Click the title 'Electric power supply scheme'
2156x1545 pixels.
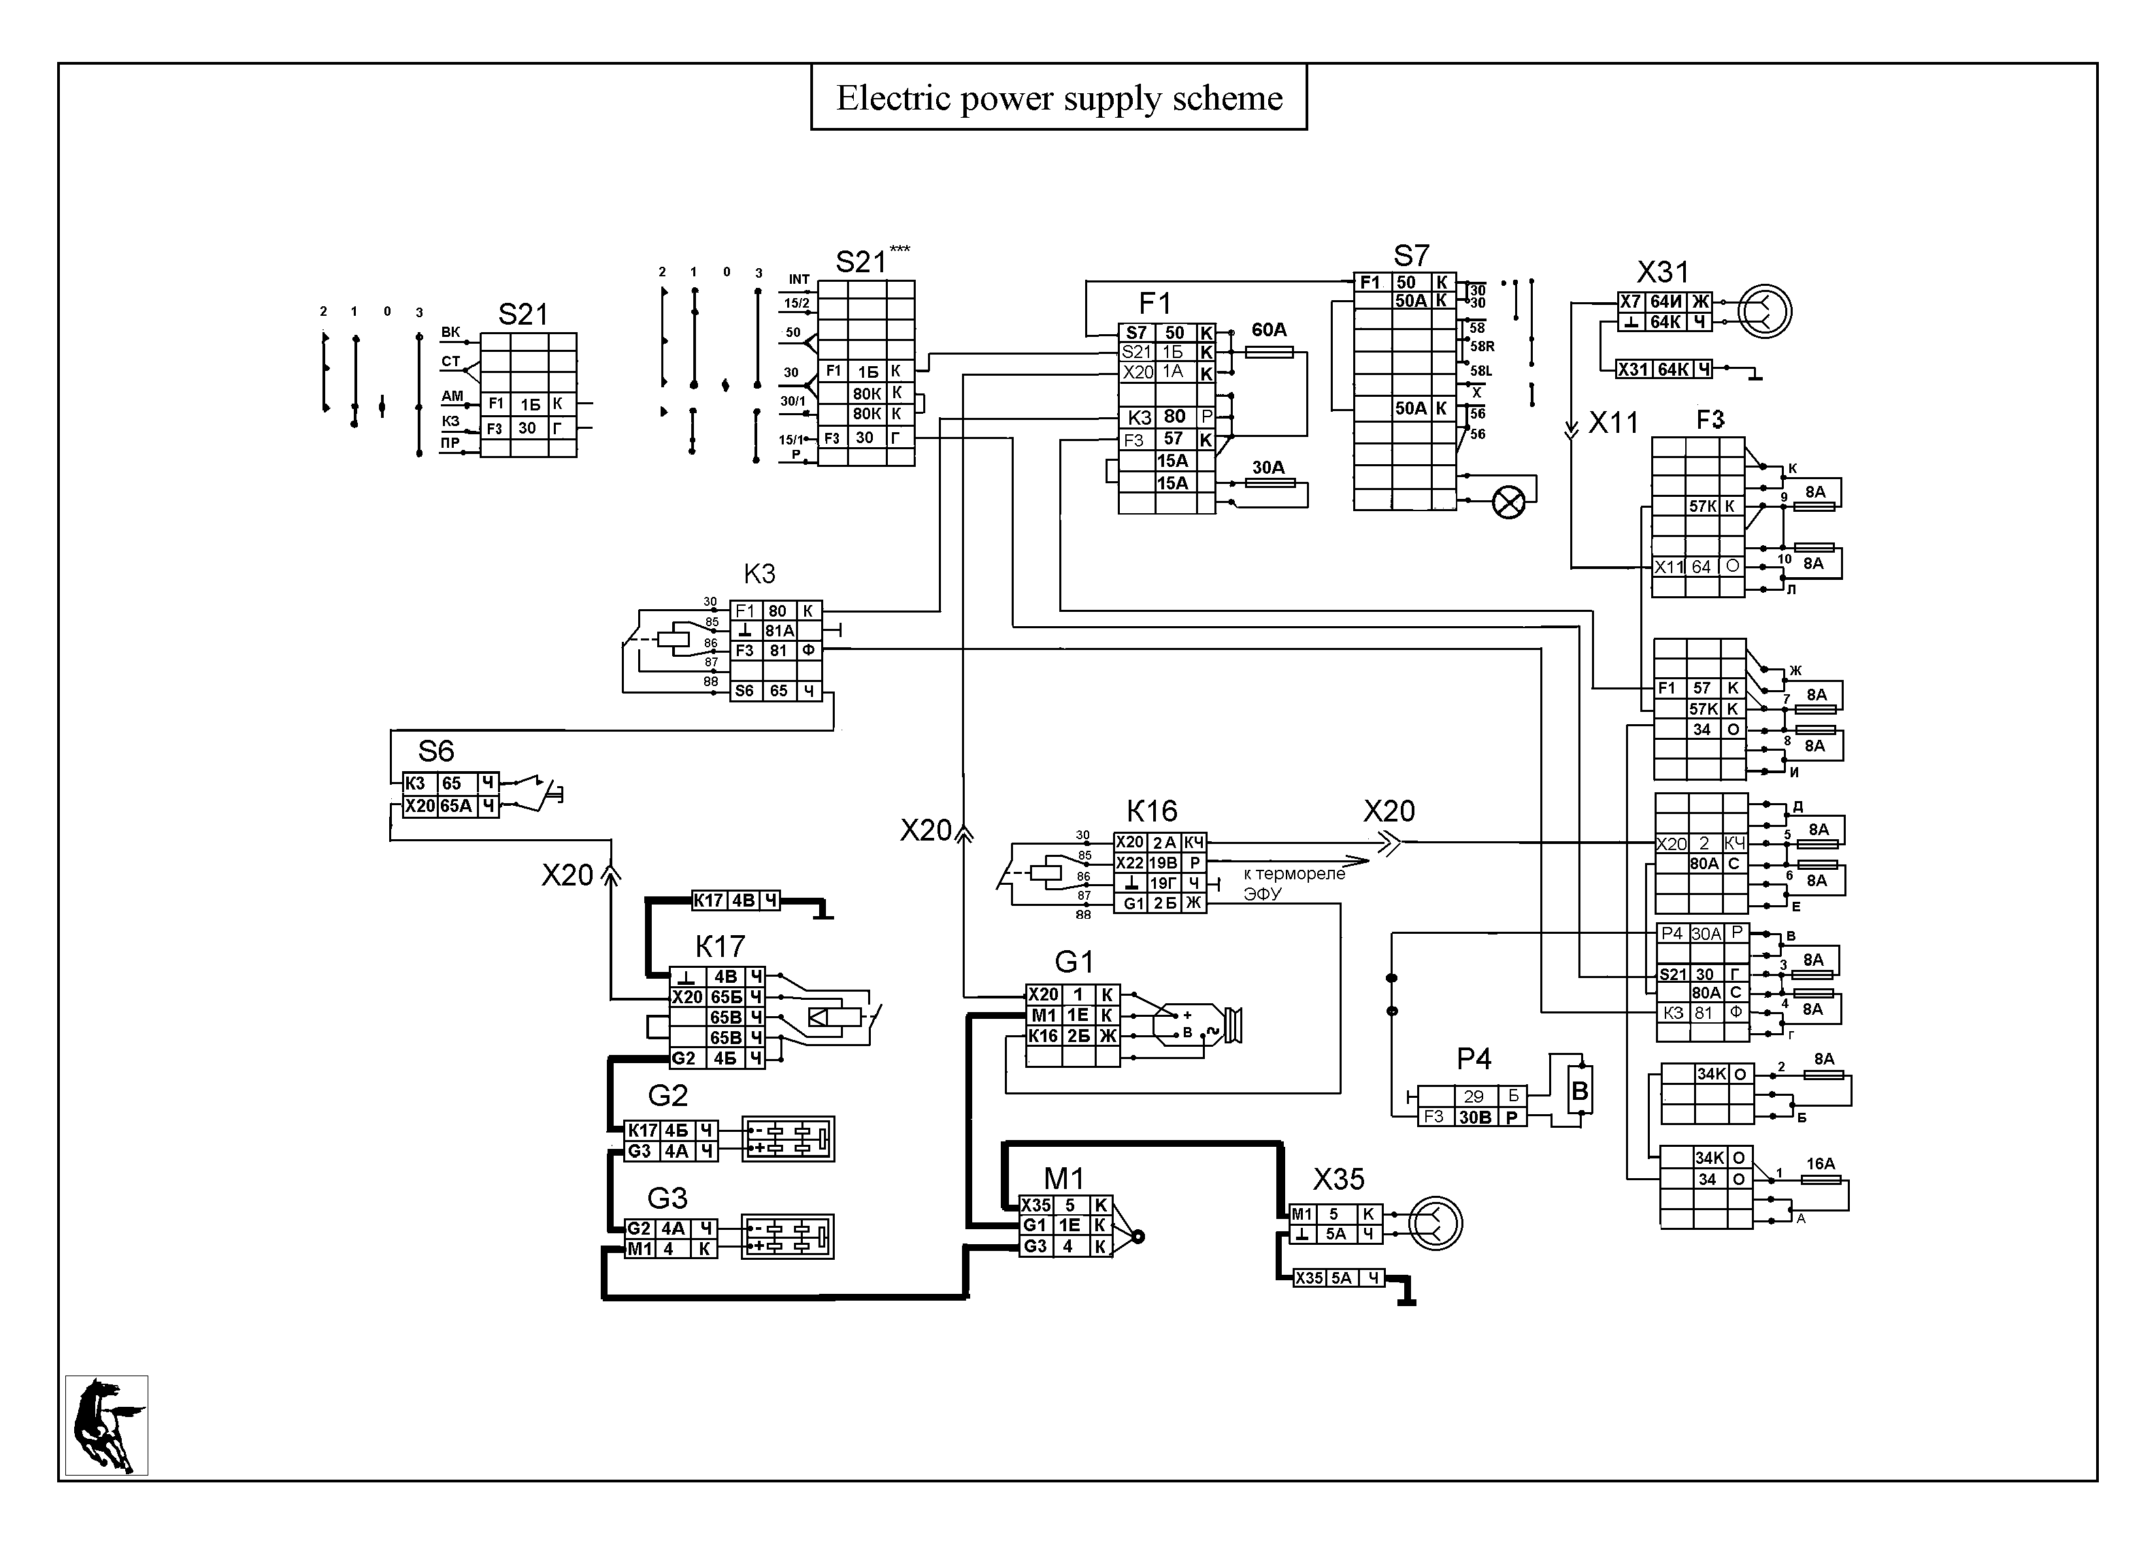pyautogui.click(x=1059, y=98)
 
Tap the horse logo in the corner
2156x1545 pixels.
pyautogui.click(x=106, y=1425)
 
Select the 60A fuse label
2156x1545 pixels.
pyautogui.click(x=1269, y=330)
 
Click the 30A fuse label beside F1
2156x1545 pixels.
pyautogui.click(x=1268, y=467)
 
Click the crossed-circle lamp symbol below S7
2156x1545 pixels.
pyautogui.click(x=1508, y=502)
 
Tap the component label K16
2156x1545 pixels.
pyautogui.click(x=1151, y=811)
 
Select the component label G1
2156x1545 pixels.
pyautogui.click(x=1074, y=962)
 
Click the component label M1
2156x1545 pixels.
pyautogui.click(x=1064, y=1179)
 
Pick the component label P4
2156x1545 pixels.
pyautogui.click(x=1474, y=1058)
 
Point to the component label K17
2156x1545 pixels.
pyautogui.click(x=720, y=947)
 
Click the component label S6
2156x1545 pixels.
pyautogui.click(x=436, y=751)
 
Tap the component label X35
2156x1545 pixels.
pyautogui.click(x=1338, y=1180)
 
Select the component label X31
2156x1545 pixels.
pyautogui.click(x=1663, y=272)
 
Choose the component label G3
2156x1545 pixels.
pyautogui.click(x=667, y=1198)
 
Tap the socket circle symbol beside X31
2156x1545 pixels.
pyautogui.click(x=1764, y=311)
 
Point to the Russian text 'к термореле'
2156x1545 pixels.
pyautogui.click(x=1294, y=874)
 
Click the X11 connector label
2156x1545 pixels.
pyautogui.click(x=1613, y=422)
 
